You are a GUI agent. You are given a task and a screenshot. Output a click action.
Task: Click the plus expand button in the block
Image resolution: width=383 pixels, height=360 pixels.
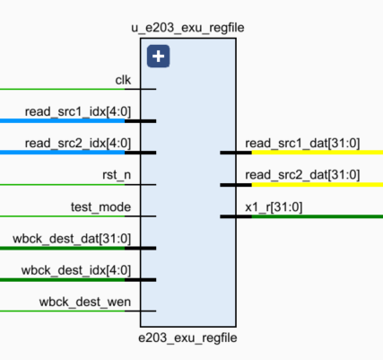158,57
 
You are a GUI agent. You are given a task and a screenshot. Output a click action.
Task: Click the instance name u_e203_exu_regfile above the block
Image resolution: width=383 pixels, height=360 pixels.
187,28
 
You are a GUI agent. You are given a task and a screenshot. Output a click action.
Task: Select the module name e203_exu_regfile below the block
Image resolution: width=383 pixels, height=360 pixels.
187,338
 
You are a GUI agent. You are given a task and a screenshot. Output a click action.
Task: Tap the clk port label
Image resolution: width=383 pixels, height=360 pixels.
123,80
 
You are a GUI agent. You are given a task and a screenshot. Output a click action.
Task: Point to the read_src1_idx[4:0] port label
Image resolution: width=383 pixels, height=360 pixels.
78,112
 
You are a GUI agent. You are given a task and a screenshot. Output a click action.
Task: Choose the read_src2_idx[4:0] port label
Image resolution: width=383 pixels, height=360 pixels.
78,144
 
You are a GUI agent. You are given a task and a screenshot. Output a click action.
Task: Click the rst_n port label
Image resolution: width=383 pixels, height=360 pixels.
117,175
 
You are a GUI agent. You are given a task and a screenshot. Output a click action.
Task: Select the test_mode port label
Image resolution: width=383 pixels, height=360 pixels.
100,207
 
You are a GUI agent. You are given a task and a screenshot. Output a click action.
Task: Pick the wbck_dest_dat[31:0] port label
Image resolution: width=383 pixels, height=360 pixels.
72,239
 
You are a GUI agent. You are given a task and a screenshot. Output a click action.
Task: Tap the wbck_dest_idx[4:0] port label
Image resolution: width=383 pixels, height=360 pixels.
76,270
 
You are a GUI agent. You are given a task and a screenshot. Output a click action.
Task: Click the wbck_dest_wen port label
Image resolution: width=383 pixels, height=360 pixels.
85,302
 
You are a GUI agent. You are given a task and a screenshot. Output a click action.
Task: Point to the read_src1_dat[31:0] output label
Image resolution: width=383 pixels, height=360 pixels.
302,144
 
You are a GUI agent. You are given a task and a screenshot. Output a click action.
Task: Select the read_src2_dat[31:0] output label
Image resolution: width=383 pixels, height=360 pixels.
302,175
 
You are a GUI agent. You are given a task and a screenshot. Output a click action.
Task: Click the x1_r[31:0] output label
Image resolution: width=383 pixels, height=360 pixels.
274,207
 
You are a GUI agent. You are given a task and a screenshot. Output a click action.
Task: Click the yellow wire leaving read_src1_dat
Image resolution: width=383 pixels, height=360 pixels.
318,153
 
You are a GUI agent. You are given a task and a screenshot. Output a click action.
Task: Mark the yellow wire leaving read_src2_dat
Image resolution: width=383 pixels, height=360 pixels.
318,185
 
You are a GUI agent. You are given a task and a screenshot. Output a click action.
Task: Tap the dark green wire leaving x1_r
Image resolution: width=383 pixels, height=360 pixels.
318,216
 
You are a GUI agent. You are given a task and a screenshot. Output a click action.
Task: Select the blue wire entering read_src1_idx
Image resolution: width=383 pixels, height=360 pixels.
62,121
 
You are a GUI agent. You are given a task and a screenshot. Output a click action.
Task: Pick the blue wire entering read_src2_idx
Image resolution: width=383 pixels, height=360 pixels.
62,153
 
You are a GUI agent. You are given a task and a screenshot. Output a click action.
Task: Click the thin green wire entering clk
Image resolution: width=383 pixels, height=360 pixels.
62,89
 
